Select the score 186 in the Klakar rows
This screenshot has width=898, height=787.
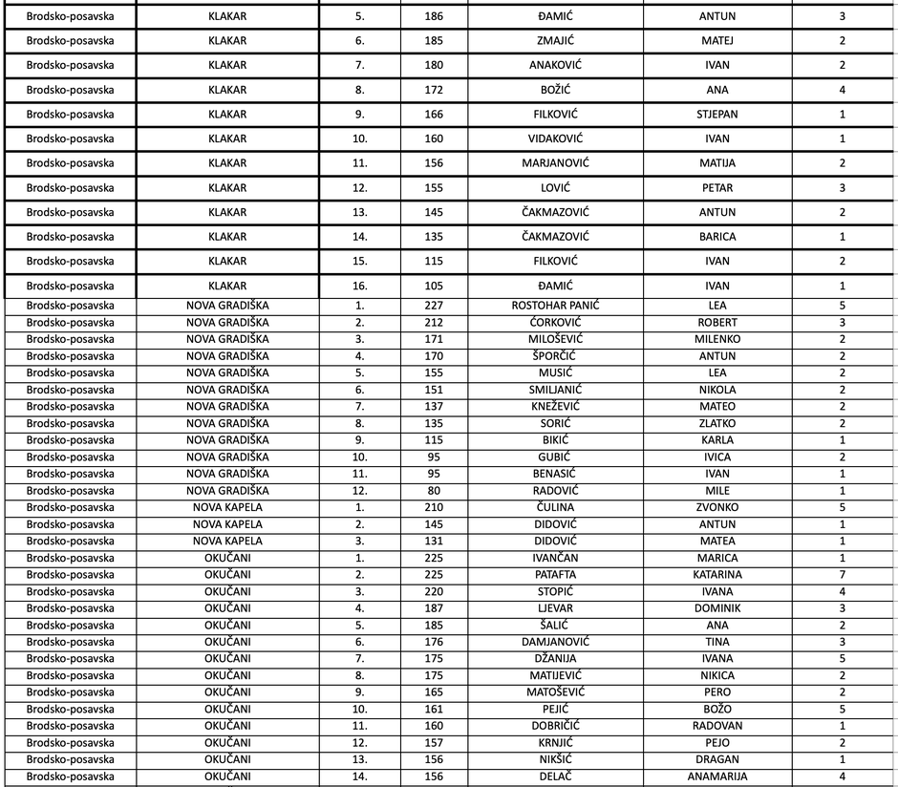[434, 16]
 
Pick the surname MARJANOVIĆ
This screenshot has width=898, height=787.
[556, 163]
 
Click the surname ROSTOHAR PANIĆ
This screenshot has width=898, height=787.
[556, 306]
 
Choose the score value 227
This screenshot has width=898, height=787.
[434, 306]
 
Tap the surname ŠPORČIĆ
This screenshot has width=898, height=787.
[556, 356]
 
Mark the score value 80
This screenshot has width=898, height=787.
[434, 491]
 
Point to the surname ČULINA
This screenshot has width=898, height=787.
[556, 507]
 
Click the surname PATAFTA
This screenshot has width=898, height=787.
[556, 575]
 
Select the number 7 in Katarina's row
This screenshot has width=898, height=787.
[843, 575]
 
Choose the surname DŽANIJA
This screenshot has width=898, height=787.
[556, 659]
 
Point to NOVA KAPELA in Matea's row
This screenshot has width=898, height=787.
[227, 541]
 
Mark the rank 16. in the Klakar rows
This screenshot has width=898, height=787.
[359, 286]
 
